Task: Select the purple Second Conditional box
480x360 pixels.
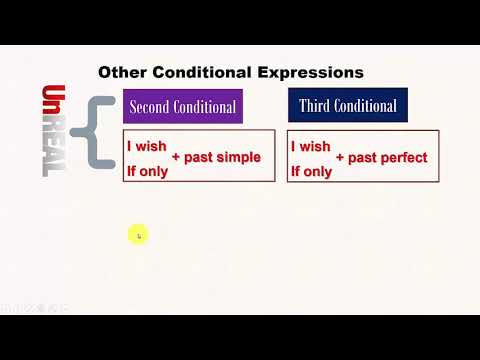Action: tap(182, 106)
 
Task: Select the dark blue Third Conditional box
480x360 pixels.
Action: tap(347, 106)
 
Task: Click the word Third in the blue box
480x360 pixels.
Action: tap(317, 106)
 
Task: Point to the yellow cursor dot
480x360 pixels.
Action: tap(138, 235)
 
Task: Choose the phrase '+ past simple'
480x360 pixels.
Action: tap(216, 157)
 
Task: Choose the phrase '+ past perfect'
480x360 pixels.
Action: tap(381, 157)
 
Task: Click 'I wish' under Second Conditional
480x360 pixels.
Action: tap(146, 146)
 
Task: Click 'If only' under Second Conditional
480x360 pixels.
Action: tap(147, 170)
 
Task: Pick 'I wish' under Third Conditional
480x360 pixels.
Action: tap(311, 146)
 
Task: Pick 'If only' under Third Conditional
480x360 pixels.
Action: tap(311, 170)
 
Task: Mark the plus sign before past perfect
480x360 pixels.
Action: tap(341, 157)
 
